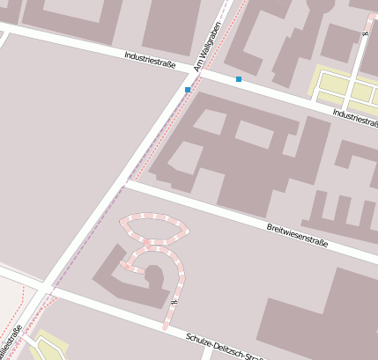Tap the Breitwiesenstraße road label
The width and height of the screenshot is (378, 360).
297,235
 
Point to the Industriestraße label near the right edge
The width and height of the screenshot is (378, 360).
356,117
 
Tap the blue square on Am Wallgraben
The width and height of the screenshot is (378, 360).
188,90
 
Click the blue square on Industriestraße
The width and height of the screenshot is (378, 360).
239,79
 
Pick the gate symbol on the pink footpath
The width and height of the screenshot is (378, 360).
174,304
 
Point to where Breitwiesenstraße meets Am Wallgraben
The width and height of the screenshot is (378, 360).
126,183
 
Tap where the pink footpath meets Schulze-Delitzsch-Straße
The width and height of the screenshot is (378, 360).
165,329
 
